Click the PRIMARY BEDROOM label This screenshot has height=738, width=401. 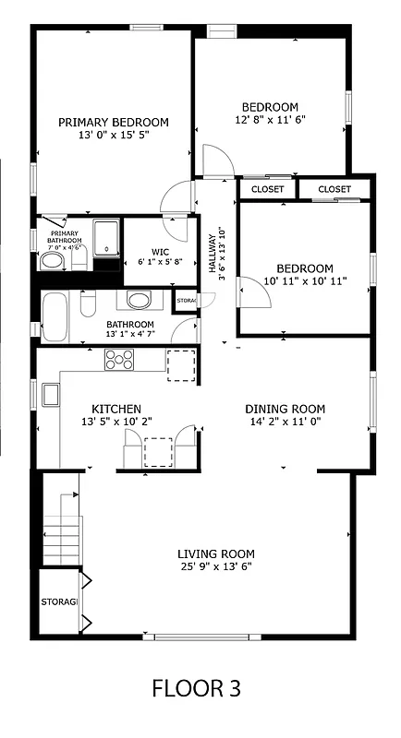click(114, 122)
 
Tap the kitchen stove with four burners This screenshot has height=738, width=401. click(117, 360)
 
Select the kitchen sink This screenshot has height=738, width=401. click(50, 395)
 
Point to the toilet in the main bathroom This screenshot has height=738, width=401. click(89, 302)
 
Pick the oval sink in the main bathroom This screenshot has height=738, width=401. click(140, 301)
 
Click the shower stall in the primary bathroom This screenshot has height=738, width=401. click(107, 238)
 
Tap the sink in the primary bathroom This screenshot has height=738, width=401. click(52, 261)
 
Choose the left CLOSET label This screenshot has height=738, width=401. click(267, 189)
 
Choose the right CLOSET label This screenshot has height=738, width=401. click(334, 189)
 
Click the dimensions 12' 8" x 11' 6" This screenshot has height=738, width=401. click(270, 119)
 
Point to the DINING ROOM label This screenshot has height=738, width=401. click(285, 409)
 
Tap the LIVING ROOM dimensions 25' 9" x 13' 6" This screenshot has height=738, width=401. click(215, 567)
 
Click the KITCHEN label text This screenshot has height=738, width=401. click(115, 409)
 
